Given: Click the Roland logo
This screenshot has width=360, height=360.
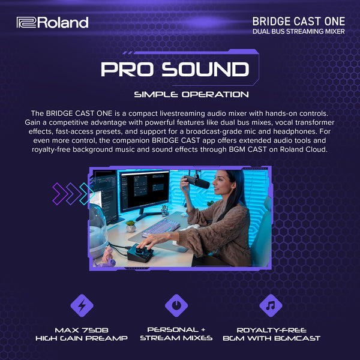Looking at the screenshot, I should (x=52, y=23).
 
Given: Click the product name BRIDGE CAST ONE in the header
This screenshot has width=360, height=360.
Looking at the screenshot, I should (x=298, y=20).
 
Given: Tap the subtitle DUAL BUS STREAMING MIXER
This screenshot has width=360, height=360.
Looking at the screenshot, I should (x=298, y=31).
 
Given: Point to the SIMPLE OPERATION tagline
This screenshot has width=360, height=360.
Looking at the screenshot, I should (x=191, y=94).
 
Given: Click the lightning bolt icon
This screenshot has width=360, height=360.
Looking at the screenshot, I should (x=82, y=305).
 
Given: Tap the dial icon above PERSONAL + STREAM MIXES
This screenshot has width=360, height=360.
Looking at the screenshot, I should (x=176, y=305).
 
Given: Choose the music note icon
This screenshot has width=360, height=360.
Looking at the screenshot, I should (x=270, y=305).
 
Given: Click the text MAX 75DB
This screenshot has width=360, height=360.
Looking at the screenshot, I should (x=82, y=330).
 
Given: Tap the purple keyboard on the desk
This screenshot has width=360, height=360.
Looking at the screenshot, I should (x=160, y=227).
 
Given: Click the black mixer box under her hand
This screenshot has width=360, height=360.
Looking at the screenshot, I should (x=142, y=251).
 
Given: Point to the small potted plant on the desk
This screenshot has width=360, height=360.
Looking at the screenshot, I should (x=130, y=226).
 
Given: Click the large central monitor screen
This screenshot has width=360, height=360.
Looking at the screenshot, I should (x=144, y=190).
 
